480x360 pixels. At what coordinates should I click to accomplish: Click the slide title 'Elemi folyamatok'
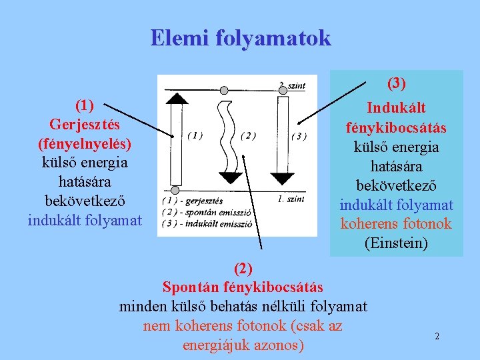coord(240,38)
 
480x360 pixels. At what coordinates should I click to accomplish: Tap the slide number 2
coord(437,336)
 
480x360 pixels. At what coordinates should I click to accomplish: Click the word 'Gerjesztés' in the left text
coord(85,125)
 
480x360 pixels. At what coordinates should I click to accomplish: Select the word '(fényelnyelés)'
coord(85,143)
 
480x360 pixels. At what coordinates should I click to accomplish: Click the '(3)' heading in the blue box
coord(396,83)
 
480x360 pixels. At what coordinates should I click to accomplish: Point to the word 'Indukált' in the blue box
coord(396,108)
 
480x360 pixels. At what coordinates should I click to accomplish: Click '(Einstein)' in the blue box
coord(396,243)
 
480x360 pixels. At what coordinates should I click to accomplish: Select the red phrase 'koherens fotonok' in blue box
coord(396,224)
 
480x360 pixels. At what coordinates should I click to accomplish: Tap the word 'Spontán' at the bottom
coord(193,287)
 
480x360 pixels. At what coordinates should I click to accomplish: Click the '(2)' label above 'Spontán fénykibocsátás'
coord(243,269)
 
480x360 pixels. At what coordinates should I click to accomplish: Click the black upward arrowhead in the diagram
coord(176,98)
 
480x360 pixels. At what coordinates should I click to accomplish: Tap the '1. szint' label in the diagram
coord(291,199)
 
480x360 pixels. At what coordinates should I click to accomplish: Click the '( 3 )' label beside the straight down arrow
coord(299,137)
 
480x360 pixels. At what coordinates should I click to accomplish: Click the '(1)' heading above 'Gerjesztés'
coord(85,105)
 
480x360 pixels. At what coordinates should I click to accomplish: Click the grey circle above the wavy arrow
coord(225,90)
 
